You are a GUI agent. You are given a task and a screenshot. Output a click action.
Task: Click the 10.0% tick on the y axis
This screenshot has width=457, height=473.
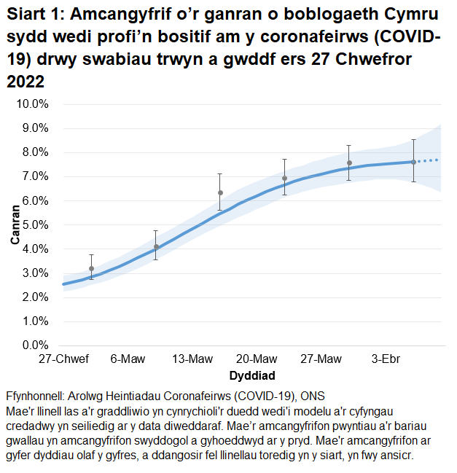(33, 104)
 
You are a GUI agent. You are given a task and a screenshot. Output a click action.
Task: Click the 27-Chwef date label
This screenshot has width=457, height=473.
(64, 359)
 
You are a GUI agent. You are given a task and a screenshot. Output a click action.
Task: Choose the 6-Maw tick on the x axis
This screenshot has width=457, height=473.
(128, 359)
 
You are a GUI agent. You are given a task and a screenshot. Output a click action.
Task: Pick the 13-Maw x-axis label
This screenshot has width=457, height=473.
(192, 359)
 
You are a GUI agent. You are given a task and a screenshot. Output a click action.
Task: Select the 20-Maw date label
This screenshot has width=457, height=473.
(257, 359)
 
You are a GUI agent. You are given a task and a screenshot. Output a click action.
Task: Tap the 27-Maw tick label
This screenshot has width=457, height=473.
(321, 359)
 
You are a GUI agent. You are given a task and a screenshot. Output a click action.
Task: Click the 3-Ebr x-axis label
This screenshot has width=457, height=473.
(386, 359)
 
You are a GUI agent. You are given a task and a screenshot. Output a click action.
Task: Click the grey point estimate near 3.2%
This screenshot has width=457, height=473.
(91, 268)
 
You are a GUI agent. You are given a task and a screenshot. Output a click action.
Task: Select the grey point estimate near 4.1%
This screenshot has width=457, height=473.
(156, 246)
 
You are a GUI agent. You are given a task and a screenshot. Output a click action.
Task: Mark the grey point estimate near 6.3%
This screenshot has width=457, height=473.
(220, 193)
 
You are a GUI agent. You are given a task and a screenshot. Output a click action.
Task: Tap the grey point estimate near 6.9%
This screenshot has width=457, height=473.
(284, 179)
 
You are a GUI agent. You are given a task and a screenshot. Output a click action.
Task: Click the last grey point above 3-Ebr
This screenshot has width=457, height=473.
(413, 162)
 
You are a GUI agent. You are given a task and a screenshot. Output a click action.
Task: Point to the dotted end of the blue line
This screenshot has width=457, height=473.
(430, 160)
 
